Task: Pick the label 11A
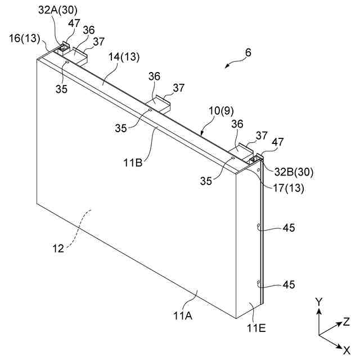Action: point(183,316)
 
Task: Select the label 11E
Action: point(256,327)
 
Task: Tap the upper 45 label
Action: point(289,228)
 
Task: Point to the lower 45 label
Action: point(289,285)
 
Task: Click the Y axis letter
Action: point(318,302)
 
